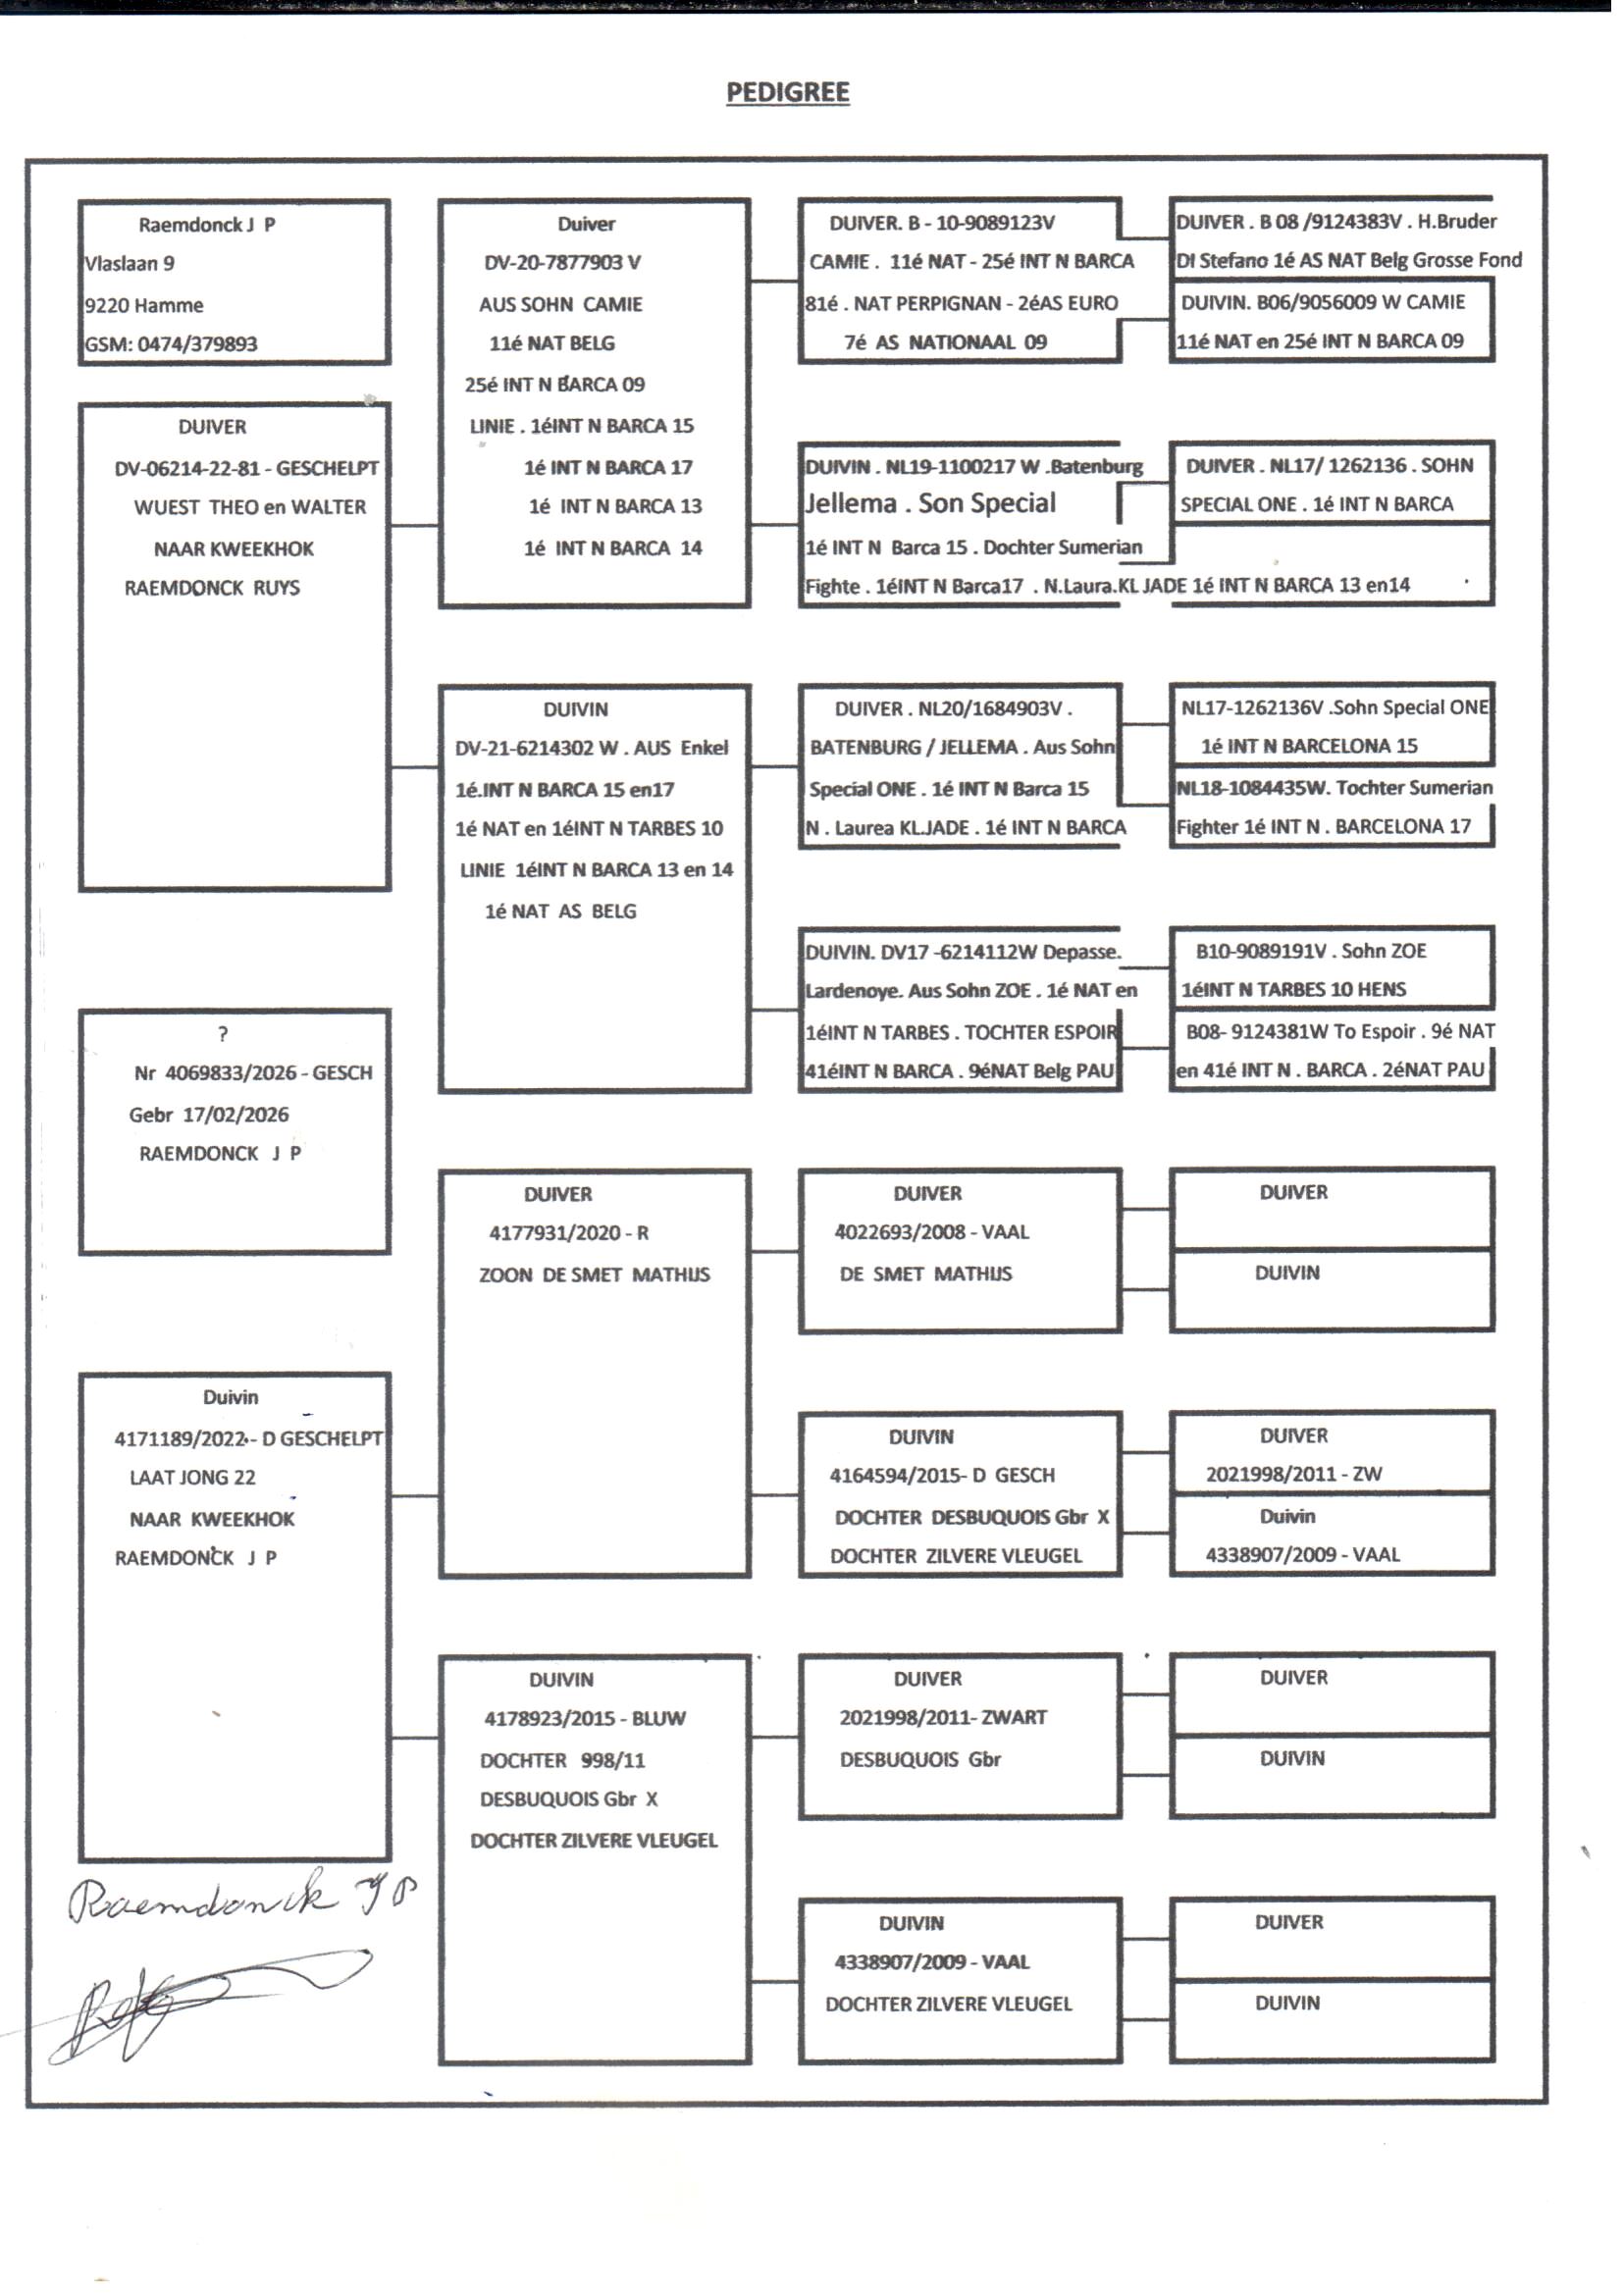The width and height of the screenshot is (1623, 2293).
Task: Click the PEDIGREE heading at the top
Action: pos(788,92)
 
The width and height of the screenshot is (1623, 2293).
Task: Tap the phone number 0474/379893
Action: pos(197,344)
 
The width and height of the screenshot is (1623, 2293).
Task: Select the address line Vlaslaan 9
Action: pos(129,264)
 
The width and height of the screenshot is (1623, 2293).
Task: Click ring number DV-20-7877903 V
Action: pos(561,263)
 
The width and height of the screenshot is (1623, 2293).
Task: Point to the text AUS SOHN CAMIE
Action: pos(559,305)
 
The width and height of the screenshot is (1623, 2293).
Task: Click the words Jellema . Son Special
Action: pos(930,503)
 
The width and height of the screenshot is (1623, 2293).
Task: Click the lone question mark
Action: pos(223,1034)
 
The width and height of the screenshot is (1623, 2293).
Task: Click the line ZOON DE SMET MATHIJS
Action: pos(594,1275)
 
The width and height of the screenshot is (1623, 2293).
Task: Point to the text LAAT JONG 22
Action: pos(192,1477)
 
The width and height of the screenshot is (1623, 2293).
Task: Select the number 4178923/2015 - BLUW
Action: pos(585,1718)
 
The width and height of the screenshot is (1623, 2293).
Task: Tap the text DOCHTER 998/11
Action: pos(561,1760)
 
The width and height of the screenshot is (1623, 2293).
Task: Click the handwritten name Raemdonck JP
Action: pos(239,1899)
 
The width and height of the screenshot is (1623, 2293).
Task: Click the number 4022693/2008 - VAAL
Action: pos(931,1232)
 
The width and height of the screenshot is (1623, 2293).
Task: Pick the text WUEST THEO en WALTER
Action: pos(250,507)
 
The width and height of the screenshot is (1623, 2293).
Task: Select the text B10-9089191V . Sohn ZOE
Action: pos(1310,951)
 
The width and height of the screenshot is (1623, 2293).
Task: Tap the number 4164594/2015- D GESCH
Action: pos(941,1475)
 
